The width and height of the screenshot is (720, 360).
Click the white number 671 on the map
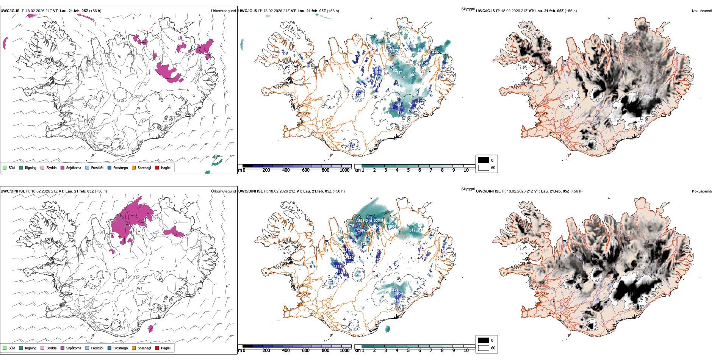click(399, 73)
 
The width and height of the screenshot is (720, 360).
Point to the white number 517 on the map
click(412, 230)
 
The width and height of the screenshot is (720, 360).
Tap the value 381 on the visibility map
click(402, 77)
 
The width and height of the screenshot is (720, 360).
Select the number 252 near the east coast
click(435, 52)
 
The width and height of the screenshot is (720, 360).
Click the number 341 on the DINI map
click(361, 221)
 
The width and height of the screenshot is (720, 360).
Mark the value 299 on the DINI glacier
click(395, 290)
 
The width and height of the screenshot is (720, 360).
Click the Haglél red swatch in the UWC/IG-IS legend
click(157, 167)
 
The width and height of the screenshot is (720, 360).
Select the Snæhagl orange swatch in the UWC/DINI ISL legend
click(134, 348)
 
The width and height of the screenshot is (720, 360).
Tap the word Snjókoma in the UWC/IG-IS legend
click(74, 167)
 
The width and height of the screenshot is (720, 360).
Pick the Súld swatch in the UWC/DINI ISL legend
click(5, 348)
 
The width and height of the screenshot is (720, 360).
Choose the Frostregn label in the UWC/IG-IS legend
click(120, 167)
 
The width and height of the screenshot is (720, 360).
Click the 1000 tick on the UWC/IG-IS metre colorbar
click(344, 170)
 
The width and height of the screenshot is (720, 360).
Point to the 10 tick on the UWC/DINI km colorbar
click(466, 351)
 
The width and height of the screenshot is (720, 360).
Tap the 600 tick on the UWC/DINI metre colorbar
click(306, 351)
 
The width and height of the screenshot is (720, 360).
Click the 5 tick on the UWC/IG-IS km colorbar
click(408, 170)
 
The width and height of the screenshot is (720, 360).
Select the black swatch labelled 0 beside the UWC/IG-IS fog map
click(484, 160)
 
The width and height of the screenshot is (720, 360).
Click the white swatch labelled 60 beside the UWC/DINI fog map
click(484, 348)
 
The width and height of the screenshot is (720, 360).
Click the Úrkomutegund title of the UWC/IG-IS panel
click(223, 11)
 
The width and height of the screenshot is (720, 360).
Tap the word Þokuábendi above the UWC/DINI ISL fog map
click(702, 191)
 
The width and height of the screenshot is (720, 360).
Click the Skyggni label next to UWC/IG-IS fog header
click(468, 9)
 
